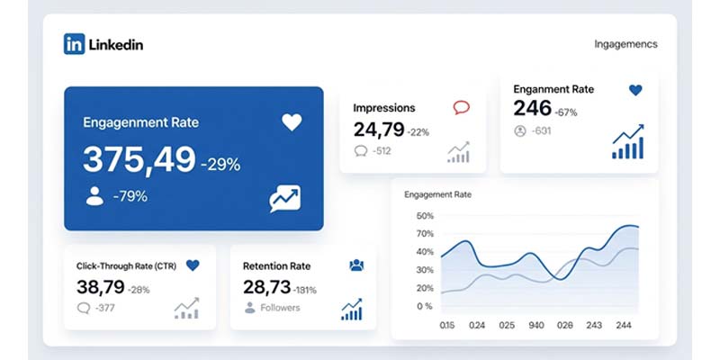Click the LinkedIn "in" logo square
(x=74, y=44)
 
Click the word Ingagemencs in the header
(x=625, y=44)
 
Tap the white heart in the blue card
(x=292, y=122)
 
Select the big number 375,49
(x=139, y=160)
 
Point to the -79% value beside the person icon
(x=130, y=196)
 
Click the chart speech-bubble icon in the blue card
(x=284, y=199)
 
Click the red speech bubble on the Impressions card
(x=462, y=108)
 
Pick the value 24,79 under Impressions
(x=378, y=130)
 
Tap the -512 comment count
(x=382, y=151)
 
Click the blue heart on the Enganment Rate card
(x=635, y=90)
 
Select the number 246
(x=531, y=109)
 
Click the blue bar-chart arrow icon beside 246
(x=628, y=142)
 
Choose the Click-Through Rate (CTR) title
(x=126, y=265)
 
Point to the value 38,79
(x=100, y=287)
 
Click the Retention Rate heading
(x=276, y=266)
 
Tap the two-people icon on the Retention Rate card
(x=356, y=265)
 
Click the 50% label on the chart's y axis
(x=425, y=217)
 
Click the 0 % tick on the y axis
(x=425, y=306)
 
